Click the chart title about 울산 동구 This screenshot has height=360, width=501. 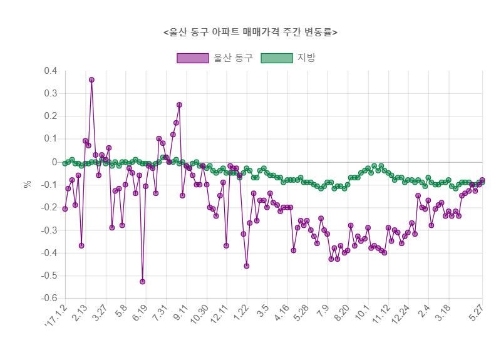250,32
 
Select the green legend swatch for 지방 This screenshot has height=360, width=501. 276,58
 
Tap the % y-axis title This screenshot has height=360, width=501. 27,184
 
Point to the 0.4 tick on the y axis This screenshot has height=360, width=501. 51,71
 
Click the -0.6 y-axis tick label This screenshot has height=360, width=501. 49,298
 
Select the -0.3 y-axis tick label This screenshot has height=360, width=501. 49,230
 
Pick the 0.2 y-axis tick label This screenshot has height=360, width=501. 51,116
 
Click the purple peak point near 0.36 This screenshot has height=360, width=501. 91,80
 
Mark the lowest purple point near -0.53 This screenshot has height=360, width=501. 142,282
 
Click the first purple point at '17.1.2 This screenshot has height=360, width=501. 65,208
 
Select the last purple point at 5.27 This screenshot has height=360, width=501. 482,180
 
